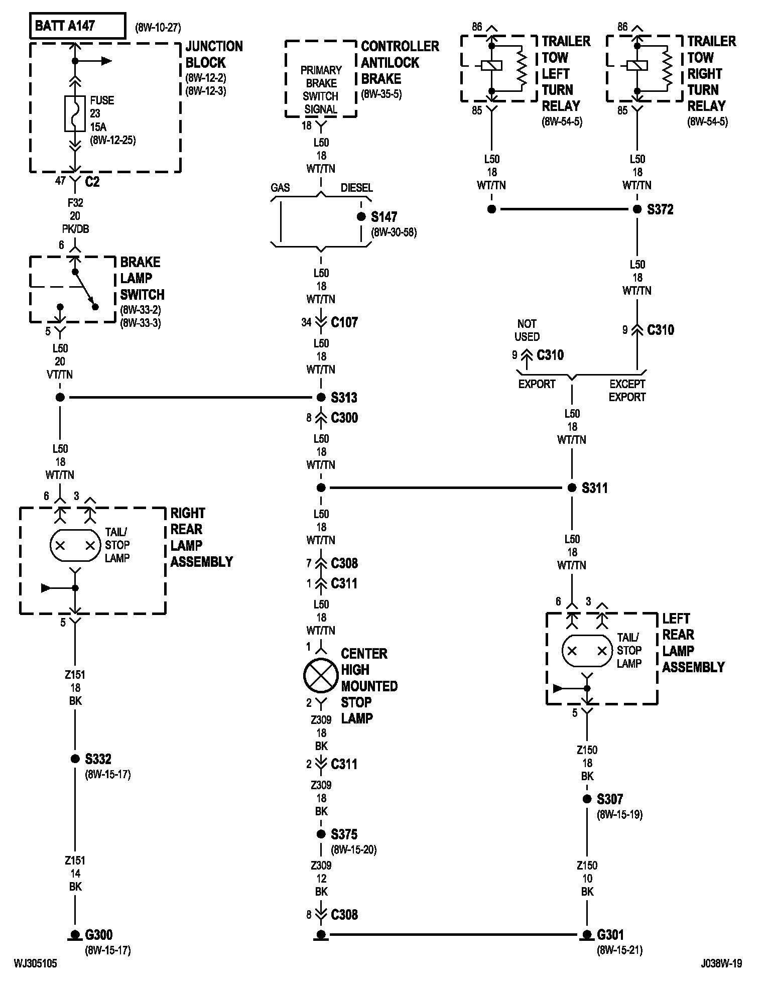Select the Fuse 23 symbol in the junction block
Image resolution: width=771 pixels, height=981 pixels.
pos(75,113)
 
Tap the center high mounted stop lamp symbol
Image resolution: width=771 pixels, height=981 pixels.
pos(321,675)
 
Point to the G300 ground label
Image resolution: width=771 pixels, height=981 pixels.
pos(98,934)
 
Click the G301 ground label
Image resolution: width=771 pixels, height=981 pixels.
pos(610,934)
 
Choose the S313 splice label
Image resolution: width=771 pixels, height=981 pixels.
pos(344,398)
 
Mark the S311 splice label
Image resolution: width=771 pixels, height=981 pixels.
pos(595,487)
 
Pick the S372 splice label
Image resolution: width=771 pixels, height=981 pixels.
pos(661,209)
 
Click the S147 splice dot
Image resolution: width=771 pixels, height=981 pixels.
pos(361,217)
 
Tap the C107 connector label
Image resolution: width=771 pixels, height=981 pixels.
pos(344,322)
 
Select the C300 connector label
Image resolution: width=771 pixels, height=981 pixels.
pos(344,418)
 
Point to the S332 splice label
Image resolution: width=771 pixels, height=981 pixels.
pos(98,759)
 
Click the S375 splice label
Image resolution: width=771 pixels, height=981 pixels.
pos(344,834)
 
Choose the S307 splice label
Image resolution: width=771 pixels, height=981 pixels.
pos(610,799)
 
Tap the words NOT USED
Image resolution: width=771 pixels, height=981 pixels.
pos(527,330)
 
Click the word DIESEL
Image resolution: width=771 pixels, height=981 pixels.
pos(357,188)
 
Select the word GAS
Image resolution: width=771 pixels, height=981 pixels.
pos(280,188)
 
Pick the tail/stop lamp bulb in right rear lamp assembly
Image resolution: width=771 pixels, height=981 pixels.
pos(75,545)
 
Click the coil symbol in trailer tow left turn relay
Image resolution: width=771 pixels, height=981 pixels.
pos(491,65)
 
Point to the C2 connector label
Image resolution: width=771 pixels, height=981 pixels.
pos(92,181)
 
